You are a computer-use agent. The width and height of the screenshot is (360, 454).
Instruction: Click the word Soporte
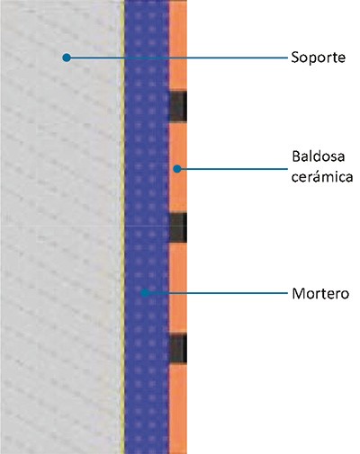(319, 58)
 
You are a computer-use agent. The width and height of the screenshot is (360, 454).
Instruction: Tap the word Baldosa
(319, 156)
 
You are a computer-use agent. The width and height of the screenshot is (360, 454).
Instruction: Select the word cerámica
(322, 177)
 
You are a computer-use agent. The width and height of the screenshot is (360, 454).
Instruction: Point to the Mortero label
(320, 294)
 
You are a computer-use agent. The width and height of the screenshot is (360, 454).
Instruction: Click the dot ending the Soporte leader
(67, 58)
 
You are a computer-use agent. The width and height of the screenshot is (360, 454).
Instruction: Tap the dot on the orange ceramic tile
(177, 169)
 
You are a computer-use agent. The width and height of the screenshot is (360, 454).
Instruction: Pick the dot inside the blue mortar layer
(146, 293)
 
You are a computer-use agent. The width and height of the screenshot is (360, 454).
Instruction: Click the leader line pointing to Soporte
(177, 58)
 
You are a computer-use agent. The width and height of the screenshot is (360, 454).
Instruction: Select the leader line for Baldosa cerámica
(232, 169)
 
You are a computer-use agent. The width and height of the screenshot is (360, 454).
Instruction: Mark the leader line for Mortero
(216, 293)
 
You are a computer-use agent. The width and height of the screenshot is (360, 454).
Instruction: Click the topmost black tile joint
(178, 106)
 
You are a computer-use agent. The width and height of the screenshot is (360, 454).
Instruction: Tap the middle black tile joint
(178, 227)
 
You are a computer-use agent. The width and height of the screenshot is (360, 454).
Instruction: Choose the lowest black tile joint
(178, 348)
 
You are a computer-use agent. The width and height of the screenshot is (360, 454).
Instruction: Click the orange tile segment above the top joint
(178, 46)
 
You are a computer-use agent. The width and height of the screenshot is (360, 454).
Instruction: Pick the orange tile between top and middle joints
(178, 167)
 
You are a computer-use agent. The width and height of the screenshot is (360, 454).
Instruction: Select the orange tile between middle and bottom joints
(178, 288)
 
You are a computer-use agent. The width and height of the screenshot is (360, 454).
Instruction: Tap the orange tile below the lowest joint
(178, 408)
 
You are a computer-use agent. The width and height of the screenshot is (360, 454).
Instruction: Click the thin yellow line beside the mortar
(122, 227)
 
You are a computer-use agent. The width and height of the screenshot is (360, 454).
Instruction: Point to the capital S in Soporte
(295, 57)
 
